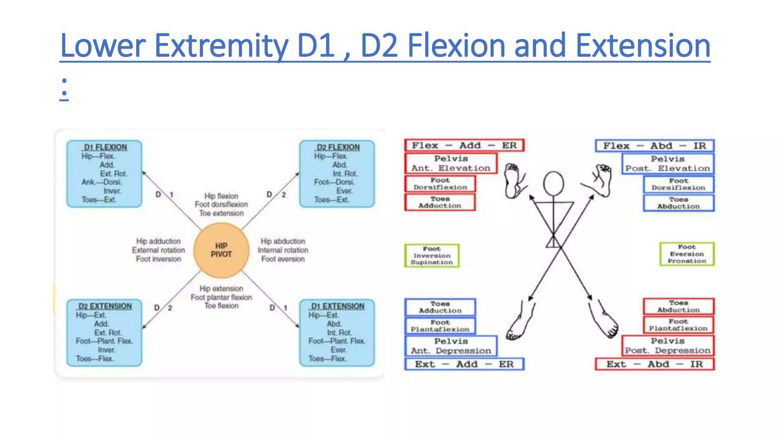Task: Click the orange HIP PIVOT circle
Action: click(221, 250)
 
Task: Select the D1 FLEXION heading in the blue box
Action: click(106, 147)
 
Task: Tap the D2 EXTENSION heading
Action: click(105, 306)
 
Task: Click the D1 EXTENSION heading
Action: click(338, 306)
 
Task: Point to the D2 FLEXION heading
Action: click(338, 147)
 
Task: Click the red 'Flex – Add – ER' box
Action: click(464, 146)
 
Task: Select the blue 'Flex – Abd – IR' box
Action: click(655, 146)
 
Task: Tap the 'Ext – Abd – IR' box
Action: click(655, 364)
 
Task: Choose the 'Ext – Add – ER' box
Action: click(464, 364)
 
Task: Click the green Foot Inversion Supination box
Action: click(432, 255)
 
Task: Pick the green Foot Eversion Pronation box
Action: click(687, 254)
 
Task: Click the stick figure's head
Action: click(553, 184)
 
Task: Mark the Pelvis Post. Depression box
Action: click(667, 346)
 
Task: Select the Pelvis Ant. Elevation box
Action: click(451, 163)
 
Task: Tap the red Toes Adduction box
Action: click(440, 202)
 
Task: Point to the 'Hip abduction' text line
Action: click(283, 241)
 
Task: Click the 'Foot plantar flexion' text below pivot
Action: click(221, 297)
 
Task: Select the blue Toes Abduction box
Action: click(678, 203)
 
